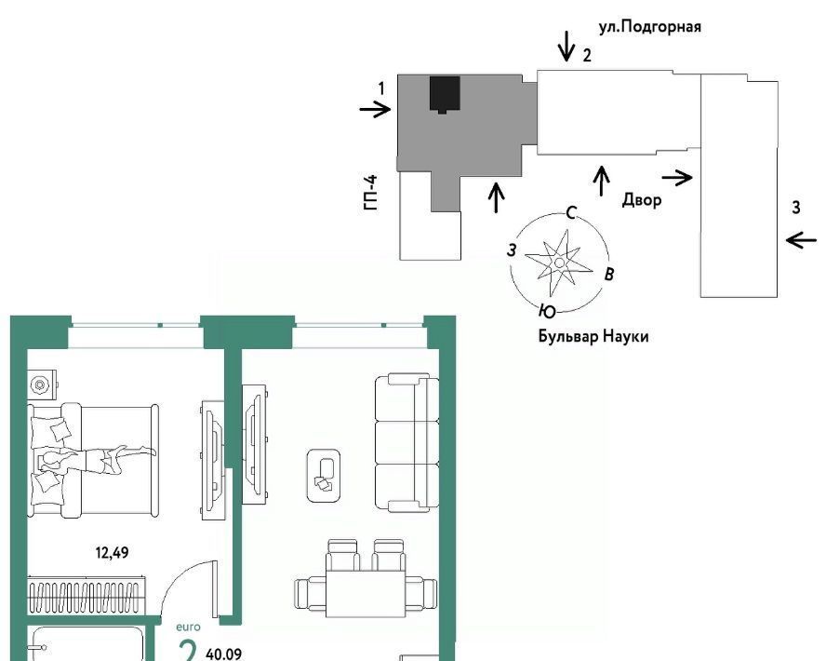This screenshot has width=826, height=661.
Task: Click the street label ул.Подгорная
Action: [x=649, y=26]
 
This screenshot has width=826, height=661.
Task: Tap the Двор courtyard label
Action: [x=642, y=200]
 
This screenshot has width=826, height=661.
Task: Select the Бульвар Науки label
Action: [x=593, y=336]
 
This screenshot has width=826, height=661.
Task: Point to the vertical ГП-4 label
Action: [x=371, y=193]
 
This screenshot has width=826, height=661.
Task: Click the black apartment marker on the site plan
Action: [x=446, y=94]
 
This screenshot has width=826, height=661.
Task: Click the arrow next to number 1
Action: [x=375, y=109]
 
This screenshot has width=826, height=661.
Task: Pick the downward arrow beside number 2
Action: [x=566, y=46]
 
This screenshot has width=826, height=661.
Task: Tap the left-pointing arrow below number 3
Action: [x=801, y=240]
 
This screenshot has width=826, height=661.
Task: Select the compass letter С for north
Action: [x=571, y=212]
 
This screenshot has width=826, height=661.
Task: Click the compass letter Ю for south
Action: [x=547, y=312]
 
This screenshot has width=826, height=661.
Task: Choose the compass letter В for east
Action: [x=609, y=274]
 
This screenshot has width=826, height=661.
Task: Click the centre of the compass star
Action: [x=559, y=262]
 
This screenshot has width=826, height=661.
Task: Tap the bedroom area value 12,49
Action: [x=112, y=552]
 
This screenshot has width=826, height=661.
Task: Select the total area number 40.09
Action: [x=224, y=654]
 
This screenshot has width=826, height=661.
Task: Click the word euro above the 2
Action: [x=188, y=627]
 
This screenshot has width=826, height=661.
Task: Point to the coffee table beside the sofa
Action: [x=323, y=476]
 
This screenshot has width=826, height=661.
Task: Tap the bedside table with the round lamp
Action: [x=42, y=384]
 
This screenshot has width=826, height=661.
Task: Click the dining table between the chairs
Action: [x=366, y=593]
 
